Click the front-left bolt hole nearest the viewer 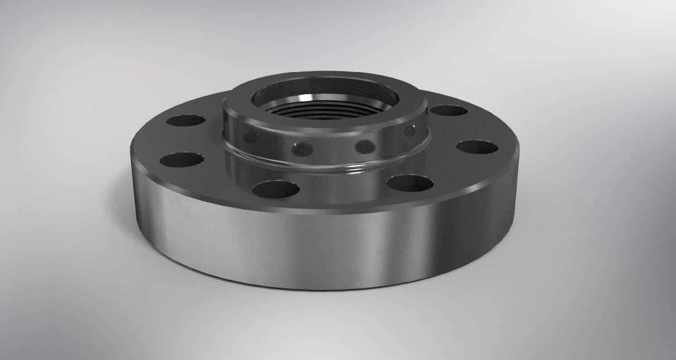coord(276,189)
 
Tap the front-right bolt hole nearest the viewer coord(410,183)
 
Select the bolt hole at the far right coord(477,147)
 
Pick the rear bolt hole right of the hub coord(448,110)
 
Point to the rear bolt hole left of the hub coord(186,120)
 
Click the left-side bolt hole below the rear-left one coord(182,159)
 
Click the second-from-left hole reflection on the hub coord(302,148)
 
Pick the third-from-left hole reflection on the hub coord(365,146)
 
